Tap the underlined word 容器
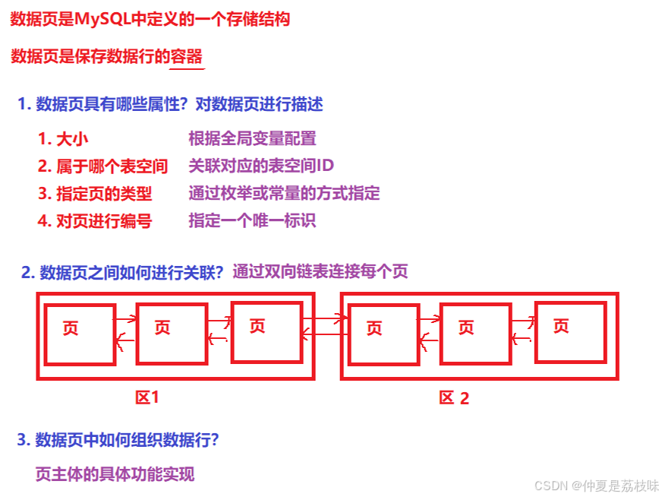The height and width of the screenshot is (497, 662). (187, 57)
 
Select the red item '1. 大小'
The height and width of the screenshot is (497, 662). (68, 139)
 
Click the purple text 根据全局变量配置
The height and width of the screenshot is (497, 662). (252, 138)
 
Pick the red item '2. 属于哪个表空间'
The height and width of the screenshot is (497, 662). (102, 166)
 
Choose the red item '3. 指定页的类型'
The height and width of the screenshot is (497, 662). (95, 194)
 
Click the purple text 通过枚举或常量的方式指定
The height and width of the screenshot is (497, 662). (284, 193)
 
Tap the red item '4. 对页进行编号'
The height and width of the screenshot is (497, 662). (95, 221)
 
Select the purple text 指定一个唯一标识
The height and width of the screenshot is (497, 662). (252, 220)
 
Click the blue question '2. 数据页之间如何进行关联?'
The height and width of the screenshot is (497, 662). (122, 273)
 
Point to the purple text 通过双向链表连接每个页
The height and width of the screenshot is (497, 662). (320, 271)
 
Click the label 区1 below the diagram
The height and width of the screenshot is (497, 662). (147, 397)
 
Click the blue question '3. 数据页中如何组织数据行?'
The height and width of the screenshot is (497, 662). (118, 440)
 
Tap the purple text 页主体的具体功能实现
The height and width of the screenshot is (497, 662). (115, 474)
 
